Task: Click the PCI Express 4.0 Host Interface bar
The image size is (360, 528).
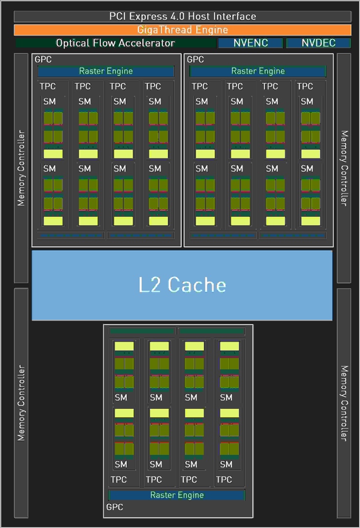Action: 182,16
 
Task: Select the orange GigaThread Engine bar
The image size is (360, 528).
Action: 182,30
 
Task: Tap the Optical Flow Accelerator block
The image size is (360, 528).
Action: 115,43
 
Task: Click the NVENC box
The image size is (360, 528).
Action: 250,43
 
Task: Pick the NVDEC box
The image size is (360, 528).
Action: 318,43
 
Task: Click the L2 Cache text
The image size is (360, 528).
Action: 182,285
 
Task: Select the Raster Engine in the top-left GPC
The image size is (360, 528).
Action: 106,71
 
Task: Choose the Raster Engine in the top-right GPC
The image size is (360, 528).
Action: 258,71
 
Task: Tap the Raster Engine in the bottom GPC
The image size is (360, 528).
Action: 177,495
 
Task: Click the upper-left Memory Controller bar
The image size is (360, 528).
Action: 21,168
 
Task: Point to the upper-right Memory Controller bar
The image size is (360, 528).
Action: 344,168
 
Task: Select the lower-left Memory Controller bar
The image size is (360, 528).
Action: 21,402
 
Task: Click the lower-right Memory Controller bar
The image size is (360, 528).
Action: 344,402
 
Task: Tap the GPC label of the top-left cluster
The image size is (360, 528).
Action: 43,59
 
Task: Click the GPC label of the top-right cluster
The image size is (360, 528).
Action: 195,59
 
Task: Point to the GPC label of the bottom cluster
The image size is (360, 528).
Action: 115,507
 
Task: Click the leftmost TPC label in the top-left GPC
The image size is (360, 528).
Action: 47,87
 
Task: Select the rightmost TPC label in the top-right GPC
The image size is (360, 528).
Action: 305,87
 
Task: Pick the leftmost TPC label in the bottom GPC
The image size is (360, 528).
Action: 119,480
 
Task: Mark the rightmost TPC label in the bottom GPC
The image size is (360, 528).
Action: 224,480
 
